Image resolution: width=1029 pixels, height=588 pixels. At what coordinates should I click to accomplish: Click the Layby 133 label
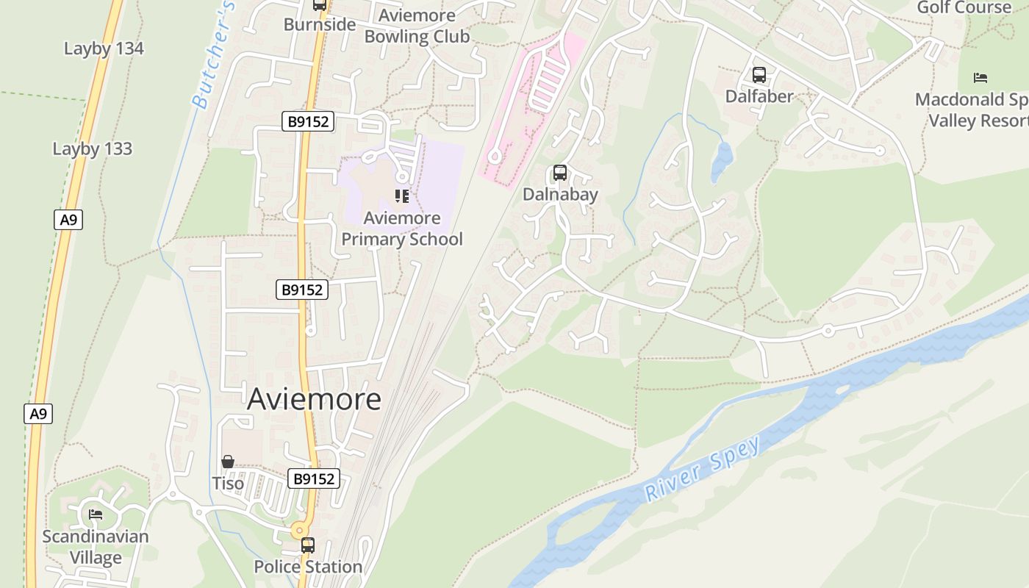(x=92, y=148)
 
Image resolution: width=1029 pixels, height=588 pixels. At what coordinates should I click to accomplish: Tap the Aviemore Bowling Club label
(x=417, y=26)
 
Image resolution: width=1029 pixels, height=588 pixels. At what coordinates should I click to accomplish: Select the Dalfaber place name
(x=759, y=96)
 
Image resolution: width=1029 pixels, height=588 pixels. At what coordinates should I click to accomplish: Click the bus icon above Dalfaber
(x=759, y=75)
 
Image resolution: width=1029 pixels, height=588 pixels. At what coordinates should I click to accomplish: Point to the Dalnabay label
(x=560, y=194)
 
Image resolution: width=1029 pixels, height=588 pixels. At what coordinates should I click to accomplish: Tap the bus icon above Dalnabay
(x=560, y=173)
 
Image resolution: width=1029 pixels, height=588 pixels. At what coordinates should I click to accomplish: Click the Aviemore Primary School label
(x=402, y=229)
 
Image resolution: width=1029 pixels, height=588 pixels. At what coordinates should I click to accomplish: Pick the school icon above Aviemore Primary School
(x=401, y=196)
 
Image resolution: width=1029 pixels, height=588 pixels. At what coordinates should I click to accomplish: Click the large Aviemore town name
(x=314, y=399)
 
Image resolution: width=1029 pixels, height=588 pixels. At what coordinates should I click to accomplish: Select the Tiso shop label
(x=228, y=483)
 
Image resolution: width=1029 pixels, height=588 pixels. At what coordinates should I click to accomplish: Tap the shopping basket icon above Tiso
(x=228, y=462)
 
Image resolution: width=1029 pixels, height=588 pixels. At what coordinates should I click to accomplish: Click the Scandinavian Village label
(x=95, y=547)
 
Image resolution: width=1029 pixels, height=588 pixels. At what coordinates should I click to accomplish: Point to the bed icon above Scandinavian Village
(x=95, y=514)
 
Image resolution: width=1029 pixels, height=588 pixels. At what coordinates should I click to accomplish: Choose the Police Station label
(x=308, y=567)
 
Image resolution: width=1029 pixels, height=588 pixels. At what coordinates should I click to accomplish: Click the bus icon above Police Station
(x=308, y=545)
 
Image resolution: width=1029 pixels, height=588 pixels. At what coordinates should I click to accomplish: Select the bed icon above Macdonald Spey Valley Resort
(x=980, y=77)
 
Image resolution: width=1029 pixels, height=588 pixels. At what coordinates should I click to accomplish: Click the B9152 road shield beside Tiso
(x=314, y=478)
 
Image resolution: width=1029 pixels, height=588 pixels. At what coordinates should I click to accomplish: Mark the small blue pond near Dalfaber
(x=722, y=162)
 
